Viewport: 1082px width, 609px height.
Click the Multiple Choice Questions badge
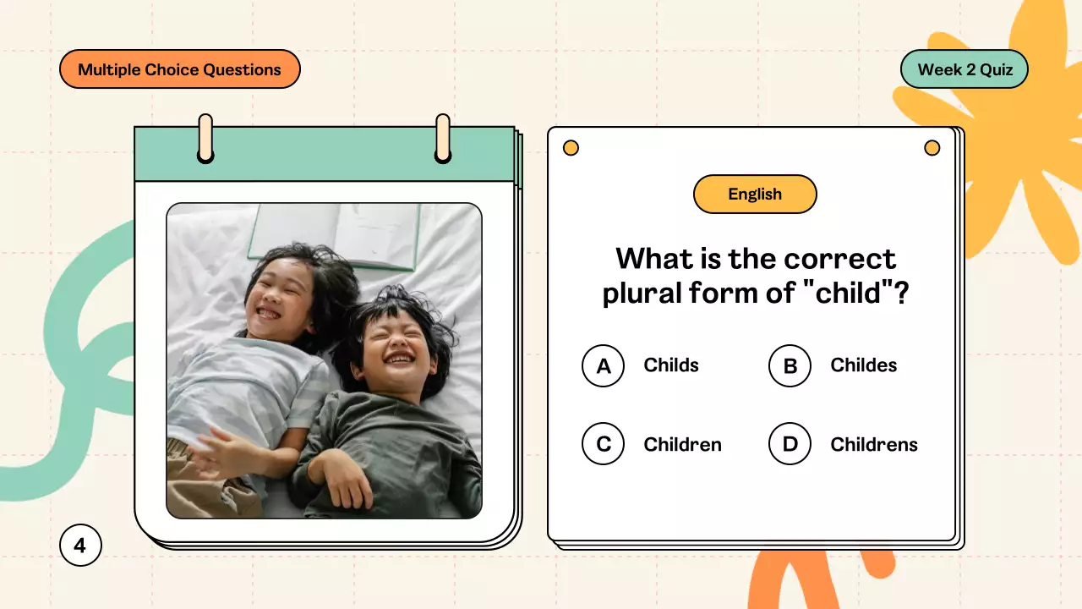[179, 69]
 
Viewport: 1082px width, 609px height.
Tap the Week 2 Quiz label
[965, 69]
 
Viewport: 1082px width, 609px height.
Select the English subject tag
[755, 195]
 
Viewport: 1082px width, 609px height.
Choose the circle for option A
[603, 366]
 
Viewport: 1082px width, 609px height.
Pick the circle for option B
[790, 366]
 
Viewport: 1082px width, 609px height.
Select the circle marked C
[603, 445]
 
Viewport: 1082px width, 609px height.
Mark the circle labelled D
[790, 445]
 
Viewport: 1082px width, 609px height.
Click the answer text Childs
[671, 365]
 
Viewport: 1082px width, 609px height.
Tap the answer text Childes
[863, 365]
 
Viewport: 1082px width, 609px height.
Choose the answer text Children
[682, 445]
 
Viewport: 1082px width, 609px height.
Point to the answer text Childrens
[873, 445]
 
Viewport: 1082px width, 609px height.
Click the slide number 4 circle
[80, 546]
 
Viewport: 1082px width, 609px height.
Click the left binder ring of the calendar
[205, 138]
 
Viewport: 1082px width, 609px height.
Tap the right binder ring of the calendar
[443, 138]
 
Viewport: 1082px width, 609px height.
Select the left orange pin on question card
[571, 148]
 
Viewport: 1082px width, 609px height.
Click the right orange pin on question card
[932, 148]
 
